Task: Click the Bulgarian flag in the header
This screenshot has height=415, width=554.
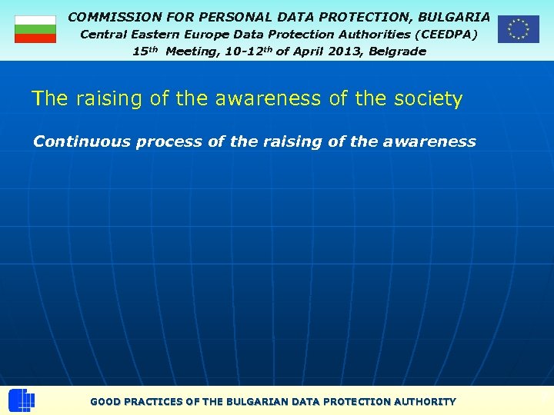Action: (x=35, y=29)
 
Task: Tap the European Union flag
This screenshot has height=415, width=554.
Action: (x=518, y=29)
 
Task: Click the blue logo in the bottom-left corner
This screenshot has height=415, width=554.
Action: (x=22, y=400)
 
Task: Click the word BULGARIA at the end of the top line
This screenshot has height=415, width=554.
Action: (x=453, y=16)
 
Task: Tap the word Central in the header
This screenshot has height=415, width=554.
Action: (x=104, y=35)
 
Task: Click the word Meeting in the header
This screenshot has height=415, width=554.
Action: (x=190, y=51)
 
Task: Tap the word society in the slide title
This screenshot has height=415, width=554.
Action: (x=426, y=99)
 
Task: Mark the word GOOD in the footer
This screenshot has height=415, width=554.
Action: (x=105, y=401)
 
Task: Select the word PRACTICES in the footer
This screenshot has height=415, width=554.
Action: (x=154, y=401)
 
